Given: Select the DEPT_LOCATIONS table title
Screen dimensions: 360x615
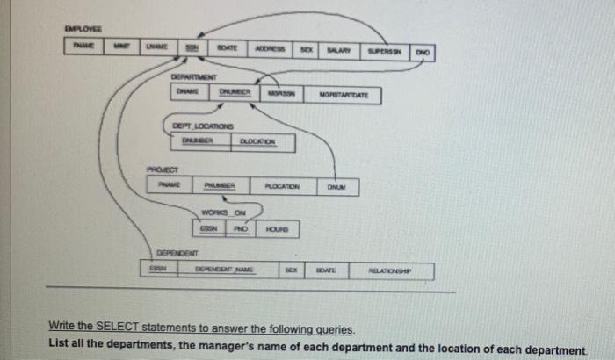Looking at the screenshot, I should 194,127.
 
